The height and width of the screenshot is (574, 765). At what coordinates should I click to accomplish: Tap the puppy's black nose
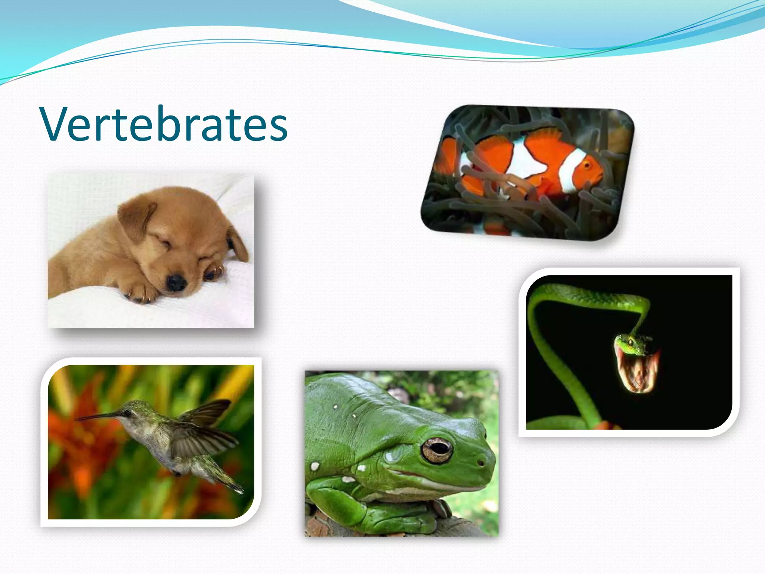click(x=176, y=283)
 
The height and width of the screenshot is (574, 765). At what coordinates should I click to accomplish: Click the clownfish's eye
click(x=587, y=165)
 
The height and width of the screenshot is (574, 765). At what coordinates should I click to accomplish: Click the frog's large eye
click(x=436, y=450)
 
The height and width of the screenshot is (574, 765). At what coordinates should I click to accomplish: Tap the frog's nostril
click(x=480, y=462)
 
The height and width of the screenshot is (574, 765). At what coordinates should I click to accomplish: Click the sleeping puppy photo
click(x=151, y=250)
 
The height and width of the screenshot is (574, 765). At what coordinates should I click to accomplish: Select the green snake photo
click(x=629, y=352)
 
